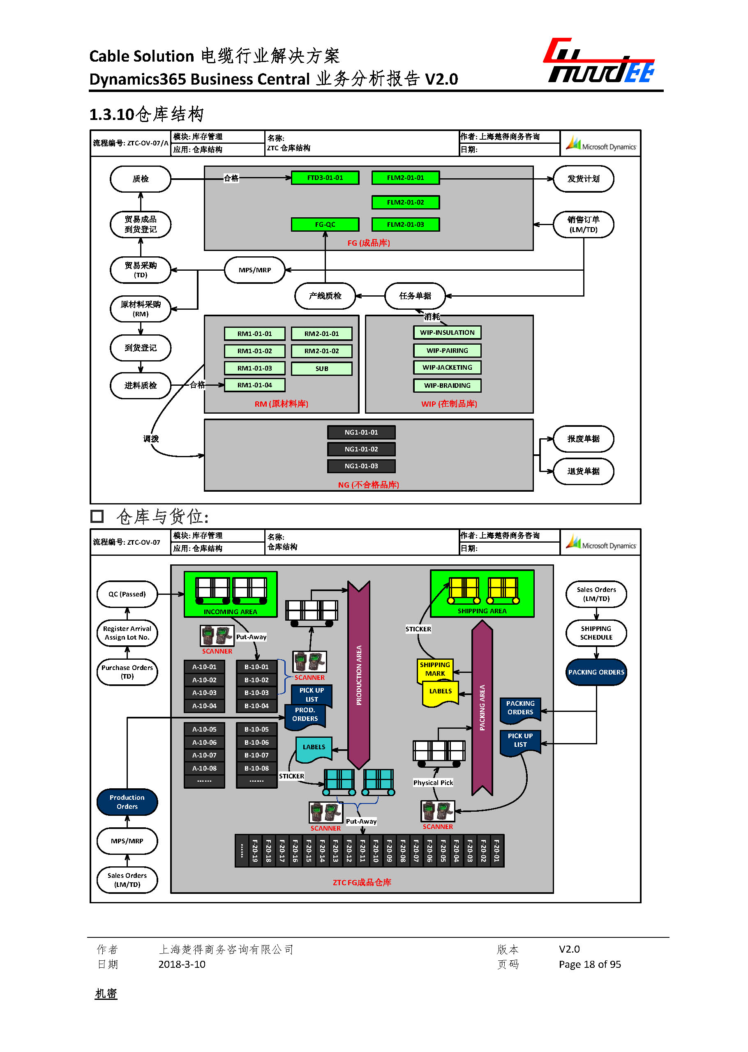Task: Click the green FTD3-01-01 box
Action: (325, 178)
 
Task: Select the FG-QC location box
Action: (325, 224)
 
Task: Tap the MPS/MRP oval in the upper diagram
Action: (254, 270)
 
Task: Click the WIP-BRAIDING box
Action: (447, 385)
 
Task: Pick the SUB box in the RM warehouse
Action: (321, 368)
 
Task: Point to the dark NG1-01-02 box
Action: (361, 449)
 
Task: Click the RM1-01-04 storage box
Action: (254, 385)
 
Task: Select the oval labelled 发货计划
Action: (583, 179)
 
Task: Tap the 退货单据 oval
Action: (583, 471)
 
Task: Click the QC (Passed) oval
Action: (127, 594)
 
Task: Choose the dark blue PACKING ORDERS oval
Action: (596, 672)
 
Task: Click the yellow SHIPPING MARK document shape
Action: (435, 669)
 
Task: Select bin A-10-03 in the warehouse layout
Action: (204, 693)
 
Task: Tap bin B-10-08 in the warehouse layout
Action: (256, 768)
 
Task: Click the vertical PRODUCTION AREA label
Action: (359, 675)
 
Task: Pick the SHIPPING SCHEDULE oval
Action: (596, 633)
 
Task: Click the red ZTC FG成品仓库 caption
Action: (362, 882)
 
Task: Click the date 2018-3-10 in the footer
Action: (182, 964)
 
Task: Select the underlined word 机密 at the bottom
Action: (106, 994)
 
